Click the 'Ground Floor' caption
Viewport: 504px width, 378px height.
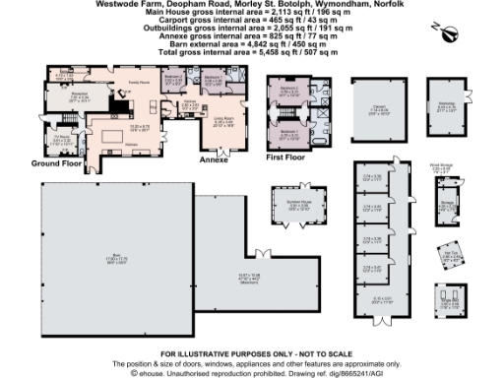click(56, 162)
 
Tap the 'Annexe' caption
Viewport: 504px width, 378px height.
click(214, 158)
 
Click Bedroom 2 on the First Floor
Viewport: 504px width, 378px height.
click(290, 93)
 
